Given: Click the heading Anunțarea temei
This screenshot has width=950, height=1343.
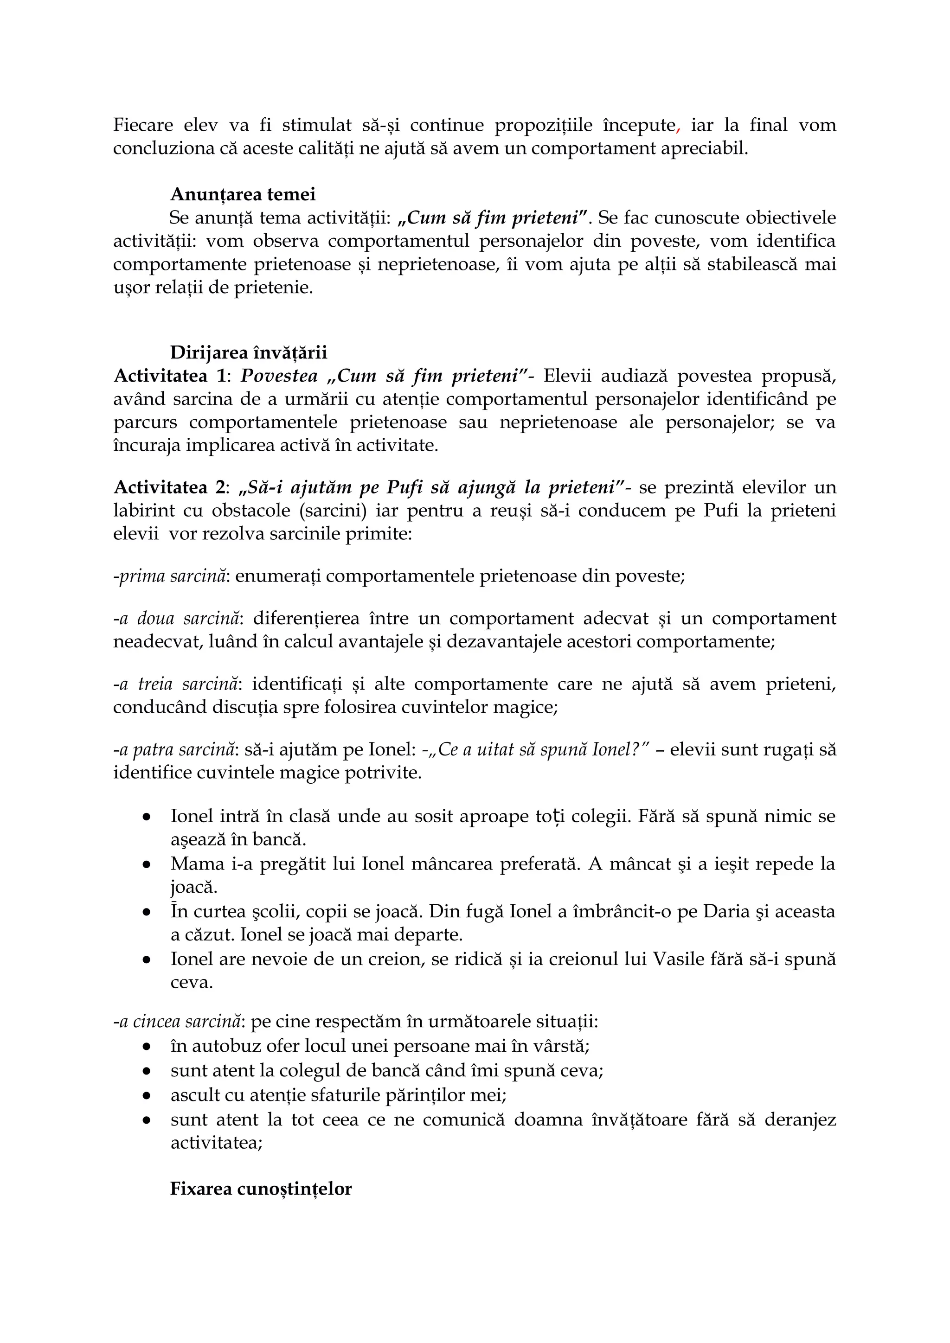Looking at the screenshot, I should (243, 194).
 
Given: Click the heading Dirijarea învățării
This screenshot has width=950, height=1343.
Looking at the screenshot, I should (249, 353).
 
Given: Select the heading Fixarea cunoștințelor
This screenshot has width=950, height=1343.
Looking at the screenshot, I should (261, 1189).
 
